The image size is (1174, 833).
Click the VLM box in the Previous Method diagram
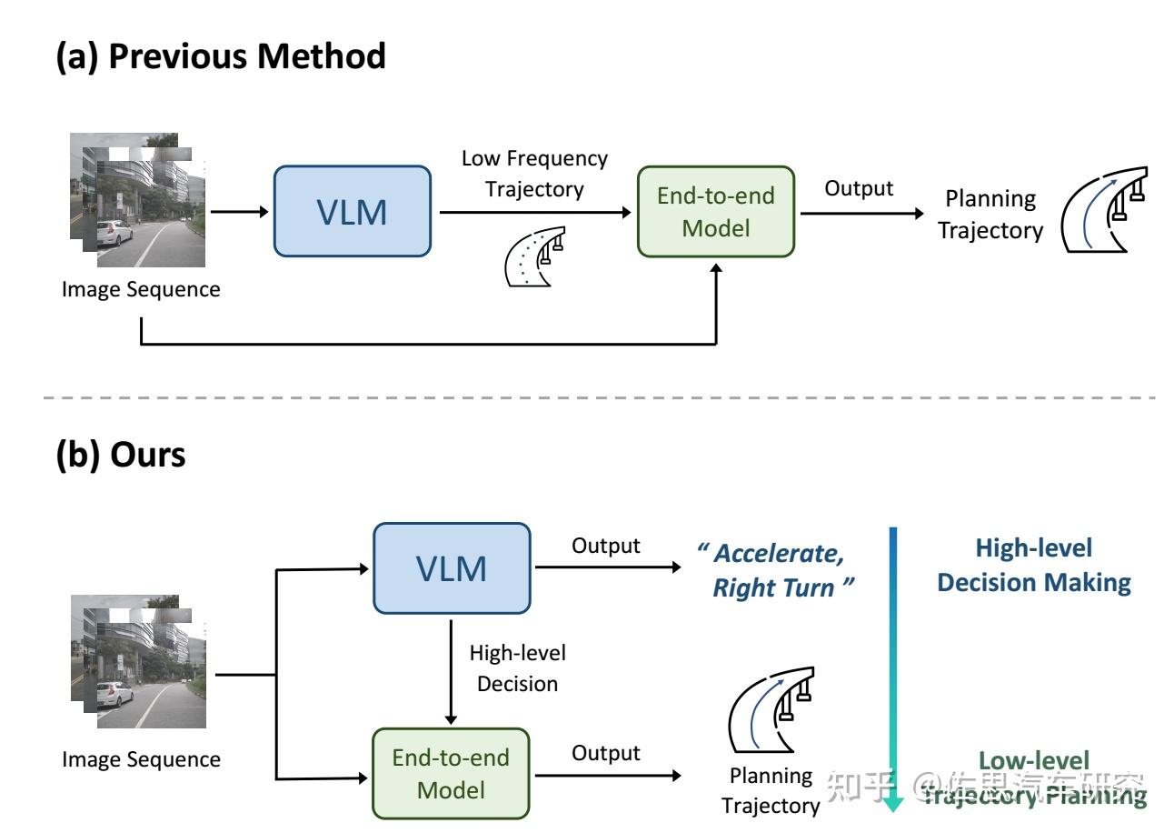352,211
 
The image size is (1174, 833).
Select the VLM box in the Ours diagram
452,568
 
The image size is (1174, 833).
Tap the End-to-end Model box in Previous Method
715,212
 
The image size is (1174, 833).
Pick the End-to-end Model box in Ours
451,773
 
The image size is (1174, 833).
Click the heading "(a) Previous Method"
221,56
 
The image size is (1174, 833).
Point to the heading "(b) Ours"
121,454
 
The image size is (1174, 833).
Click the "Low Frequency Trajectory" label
534,173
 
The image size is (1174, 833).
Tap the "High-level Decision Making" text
1034,565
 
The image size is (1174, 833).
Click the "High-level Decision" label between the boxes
517,667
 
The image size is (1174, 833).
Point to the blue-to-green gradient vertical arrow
893,668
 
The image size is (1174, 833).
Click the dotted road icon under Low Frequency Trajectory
534,256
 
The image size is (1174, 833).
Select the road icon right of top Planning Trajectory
1105,209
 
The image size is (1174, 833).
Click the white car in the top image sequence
118,233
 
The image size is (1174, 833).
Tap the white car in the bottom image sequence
118,695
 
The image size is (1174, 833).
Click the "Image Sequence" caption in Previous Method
141,290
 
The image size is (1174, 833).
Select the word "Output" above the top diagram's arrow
859,188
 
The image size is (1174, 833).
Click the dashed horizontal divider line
582,397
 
